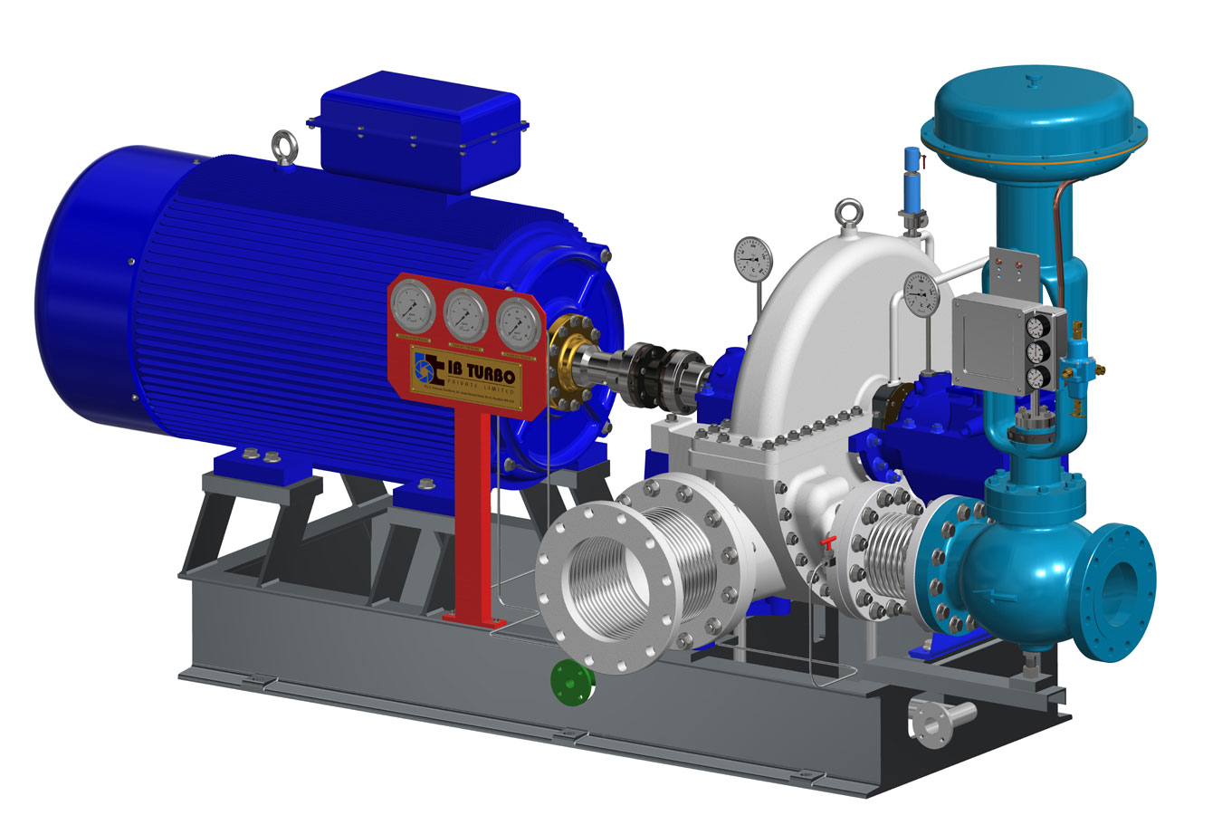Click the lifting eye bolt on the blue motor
tap(282, 145)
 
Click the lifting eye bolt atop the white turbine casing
tap(848, 214)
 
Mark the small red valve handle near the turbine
tap(826, 543)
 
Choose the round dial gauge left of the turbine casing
tap(752, 259)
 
